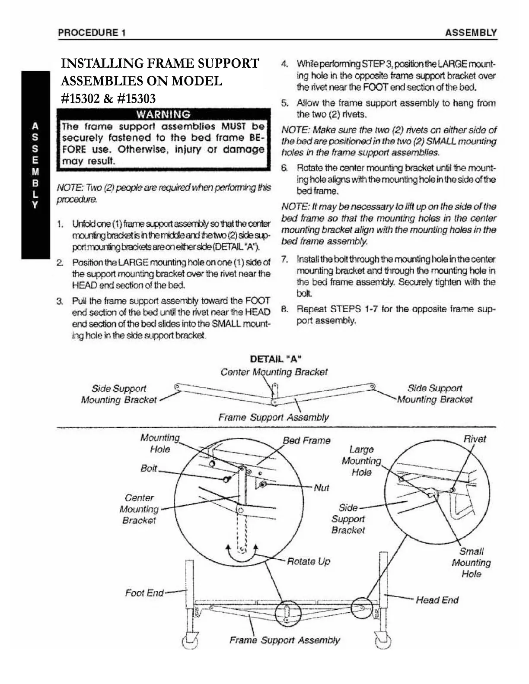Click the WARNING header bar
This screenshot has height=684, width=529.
(163, 114)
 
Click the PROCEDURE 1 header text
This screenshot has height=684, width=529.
(92, 33)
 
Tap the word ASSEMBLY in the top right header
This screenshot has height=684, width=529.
(471, 33)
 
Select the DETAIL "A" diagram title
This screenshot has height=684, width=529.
(276, 358)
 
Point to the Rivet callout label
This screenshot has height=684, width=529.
(475, 439)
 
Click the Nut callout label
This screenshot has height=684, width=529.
(321, 488)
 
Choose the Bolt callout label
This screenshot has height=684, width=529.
(149, 468)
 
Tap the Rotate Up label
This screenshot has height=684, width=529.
(308, 561)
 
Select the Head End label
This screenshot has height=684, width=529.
(437, 600)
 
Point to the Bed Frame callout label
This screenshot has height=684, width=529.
(306, 440)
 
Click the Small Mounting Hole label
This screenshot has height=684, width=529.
(471, 563)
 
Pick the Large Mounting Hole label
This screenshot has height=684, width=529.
(361, 461)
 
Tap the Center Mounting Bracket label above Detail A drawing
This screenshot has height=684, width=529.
(274, 372)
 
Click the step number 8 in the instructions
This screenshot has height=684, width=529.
(284, 310)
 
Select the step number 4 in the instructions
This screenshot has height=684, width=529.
(284, 64)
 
